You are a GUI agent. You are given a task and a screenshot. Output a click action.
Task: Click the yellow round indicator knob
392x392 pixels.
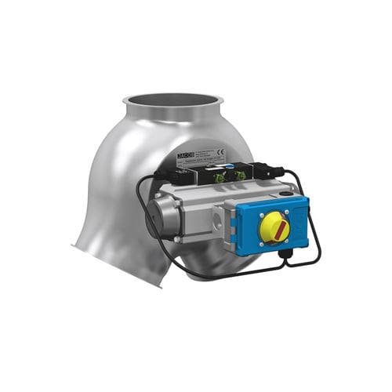point(275,227)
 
